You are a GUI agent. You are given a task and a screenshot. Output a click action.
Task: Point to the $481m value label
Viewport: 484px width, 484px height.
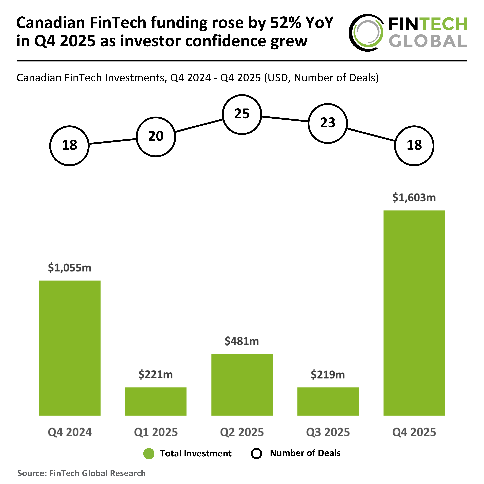coord(242,341)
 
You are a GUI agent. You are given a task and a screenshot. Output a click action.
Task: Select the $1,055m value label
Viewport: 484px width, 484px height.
coord(70,268)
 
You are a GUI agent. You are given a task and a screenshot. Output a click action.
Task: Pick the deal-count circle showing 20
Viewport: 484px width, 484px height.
coord(156,137)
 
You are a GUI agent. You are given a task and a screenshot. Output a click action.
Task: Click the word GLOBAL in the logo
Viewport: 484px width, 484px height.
coord(428,41)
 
